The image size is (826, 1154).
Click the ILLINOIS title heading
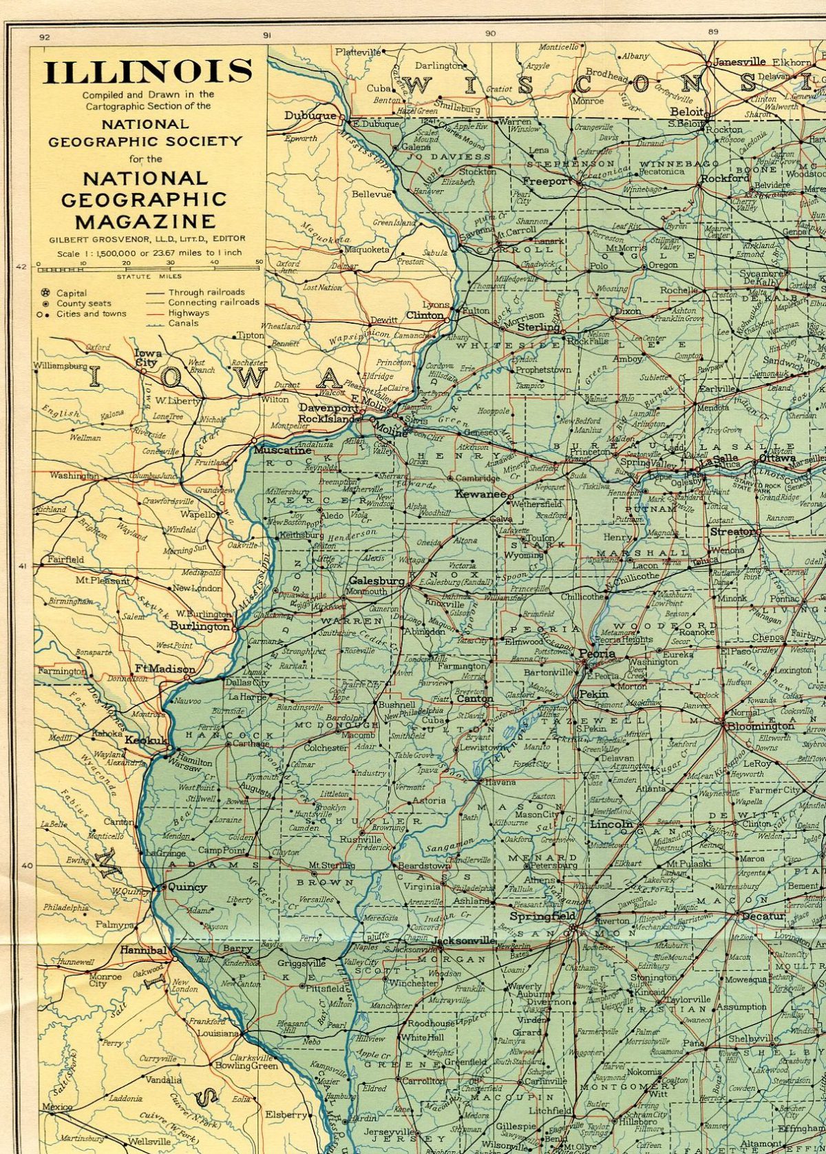tap(147, 72)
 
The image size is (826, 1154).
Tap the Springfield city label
tap(542, 916)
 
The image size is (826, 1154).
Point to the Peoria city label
tap(596, 653)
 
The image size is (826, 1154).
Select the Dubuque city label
tap(310, 116)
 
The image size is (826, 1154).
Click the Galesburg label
tap(377, 581)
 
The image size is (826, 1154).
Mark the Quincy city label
tap(187, 887)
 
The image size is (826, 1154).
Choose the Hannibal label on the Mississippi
tap(143, 950)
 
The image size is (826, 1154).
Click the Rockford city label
tap(724, 178)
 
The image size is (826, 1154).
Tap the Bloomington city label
tap(761, 726)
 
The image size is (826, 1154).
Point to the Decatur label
tap(763, 916)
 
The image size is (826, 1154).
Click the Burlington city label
tap(200, 626)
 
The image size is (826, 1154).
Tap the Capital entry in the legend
tap(72, 293)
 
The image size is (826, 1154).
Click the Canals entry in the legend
tap(183, 322)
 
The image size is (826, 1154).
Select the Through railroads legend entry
tap(206, 292)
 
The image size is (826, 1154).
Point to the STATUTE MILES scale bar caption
tap(149, 276)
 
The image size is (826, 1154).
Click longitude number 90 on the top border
tap(490, 33)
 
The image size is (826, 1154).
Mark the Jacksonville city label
tap(465, 940)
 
